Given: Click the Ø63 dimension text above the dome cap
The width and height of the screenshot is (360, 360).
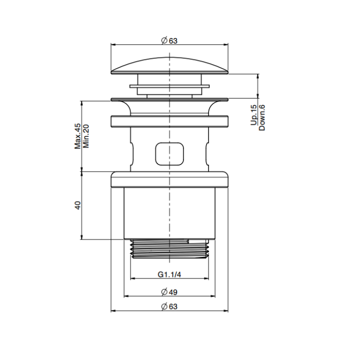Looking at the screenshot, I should (x=169, y=41).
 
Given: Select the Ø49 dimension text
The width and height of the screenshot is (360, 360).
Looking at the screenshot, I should (x=169, y=292).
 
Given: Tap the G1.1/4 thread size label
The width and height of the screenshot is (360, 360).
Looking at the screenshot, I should (x=169, y=274).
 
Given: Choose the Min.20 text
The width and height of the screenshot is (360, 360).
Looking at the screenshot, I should (x=85, y=136).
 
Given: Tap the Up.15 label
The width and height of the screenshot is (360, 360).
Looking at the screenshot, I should (x=254, y=115).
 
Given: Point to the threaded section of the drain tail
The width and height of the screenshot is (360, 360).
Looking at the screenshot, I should (x=169, y=248).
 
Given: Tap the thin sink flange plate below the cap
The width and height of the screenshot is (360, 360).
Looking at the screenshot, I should (x=169, y=98).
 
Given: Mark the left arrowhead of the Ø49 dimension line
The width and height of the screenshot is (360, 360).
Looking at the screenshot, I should (x=126, y=296).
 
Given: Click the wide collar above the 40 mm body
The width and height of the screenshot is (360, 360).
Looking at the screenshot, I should (x=169, y=178).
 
